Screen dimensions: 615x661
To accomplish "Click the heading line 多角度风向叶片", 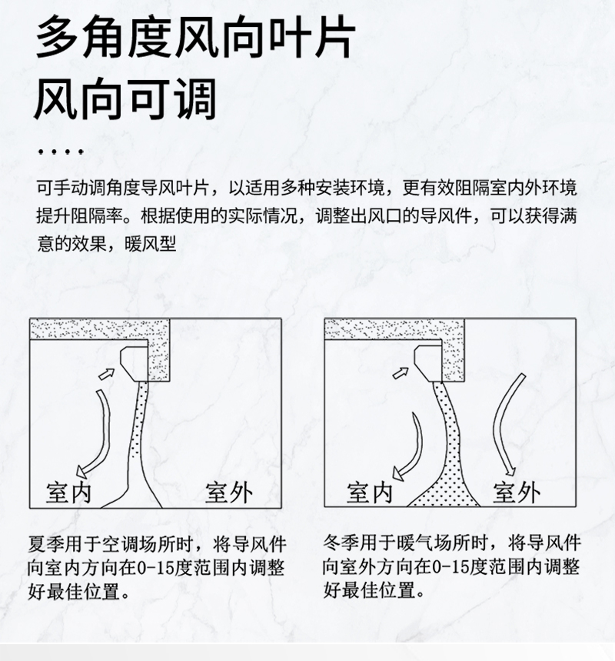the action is point(196,37).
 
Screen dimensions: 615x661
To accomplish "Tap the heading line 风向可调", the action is point(125,98).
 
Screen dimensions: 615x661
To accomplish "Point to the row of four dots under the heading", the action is point(61,151).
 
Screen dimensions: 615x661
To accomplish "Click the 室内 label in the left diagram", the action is point(68,492).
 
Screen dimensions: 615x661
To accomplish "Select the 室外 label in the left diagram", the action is point(229,492).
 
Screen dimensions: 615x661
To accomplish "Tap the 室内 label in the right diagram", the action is point(370,492).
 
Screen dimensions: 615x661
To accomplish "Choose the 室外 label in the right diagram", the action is point(517,492).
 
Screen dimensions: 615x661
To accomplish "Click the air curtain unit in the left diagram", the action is point(135,364).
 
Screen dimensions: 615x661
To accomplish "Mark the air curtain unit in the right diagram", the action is point(428,363).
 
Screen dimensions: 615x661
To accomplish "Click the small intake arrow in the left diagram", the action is point(106,373).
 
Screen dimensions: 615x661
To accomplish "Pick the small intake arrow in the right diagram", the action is point(401,372).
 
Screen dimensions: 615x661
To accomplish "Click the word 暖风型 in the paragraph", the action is point(150,244).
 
